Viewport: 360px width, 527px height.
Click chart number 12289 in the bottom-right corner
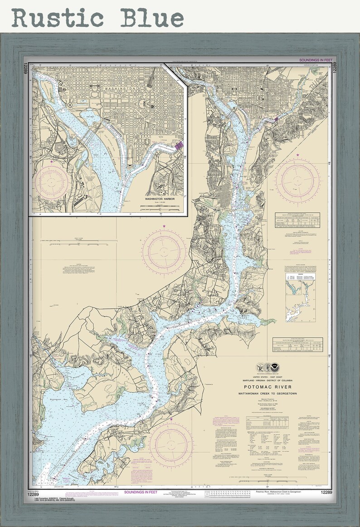point(326,493)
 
